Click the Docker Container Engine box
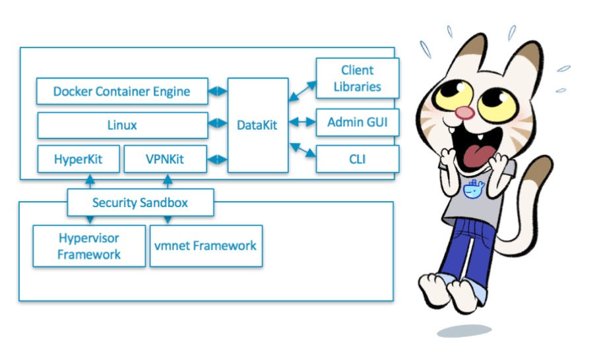click(122, 91)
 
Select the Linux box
click(122, 125)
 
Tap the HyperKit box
click(79, 159)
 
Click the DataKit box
click(258, 125)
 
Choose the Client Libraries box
click(358, 78)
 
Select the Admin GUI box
click(358, 123)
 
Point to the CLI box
click(358, 159)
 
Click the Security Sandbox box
click(140, 202)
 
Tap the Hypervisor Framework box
click(89, 246)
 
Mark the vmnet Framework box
click(206, 246)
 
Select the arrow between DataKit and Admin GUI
click(303, 122)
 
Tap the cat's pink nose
click(466, 112)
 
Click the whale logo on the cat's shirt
click(473, 190)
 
